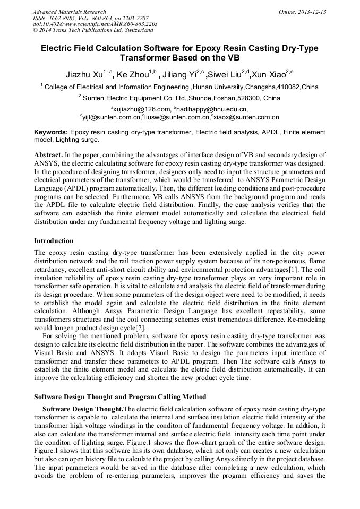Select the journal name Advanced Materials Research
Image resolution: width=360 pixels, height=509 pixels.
coord(69,12)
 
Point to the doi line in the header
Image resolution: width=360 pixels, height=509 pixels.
coord(95,24)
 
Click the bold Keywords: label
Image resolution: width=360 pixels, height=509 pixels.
coord(51,132)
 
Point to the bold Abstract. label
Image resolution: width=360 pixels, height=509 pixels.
coord(48,154)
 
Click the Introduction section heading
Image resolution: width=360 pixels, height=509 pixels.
coord(54,241)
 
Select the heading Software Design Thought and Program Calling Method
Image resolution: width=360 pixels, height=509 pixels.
coord(120,397)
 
